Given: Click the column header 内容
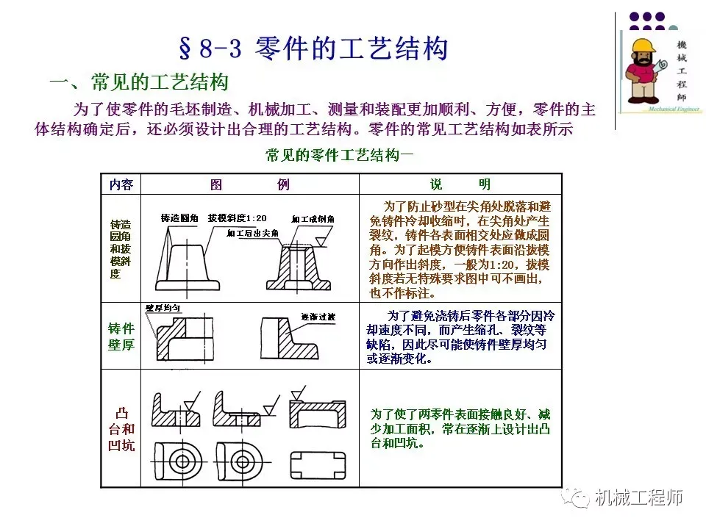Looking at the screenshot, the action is (x=121, y=184).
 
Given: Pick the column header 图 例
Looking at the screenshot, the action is (x=249, y=184).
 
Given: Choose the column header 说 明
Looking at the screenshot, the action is (x=460, y=184).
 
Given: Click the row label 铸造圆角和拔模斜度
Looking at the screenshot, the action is (x=121, y=248).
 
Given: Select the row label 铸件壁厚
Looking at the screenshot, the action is (x=121, y=337).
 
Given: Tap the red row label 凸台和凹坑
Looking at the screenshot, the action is (x=121, y=429).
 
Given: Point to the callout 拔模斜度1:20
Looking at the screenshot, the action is (x=237, y=218).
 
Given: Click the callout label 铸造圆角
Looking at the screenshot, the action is (x=179, y=218).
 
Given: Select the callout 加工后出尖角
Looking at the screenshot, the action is (x=253, y=234).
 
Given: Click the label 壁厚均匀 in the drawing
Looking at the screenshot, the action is (x=163, y=308).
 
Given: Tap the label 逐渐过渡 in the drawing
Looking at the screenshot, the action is (x=318, y=317).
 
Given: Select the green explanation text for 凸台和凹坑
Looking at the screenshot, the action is (x=460, y=428).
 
